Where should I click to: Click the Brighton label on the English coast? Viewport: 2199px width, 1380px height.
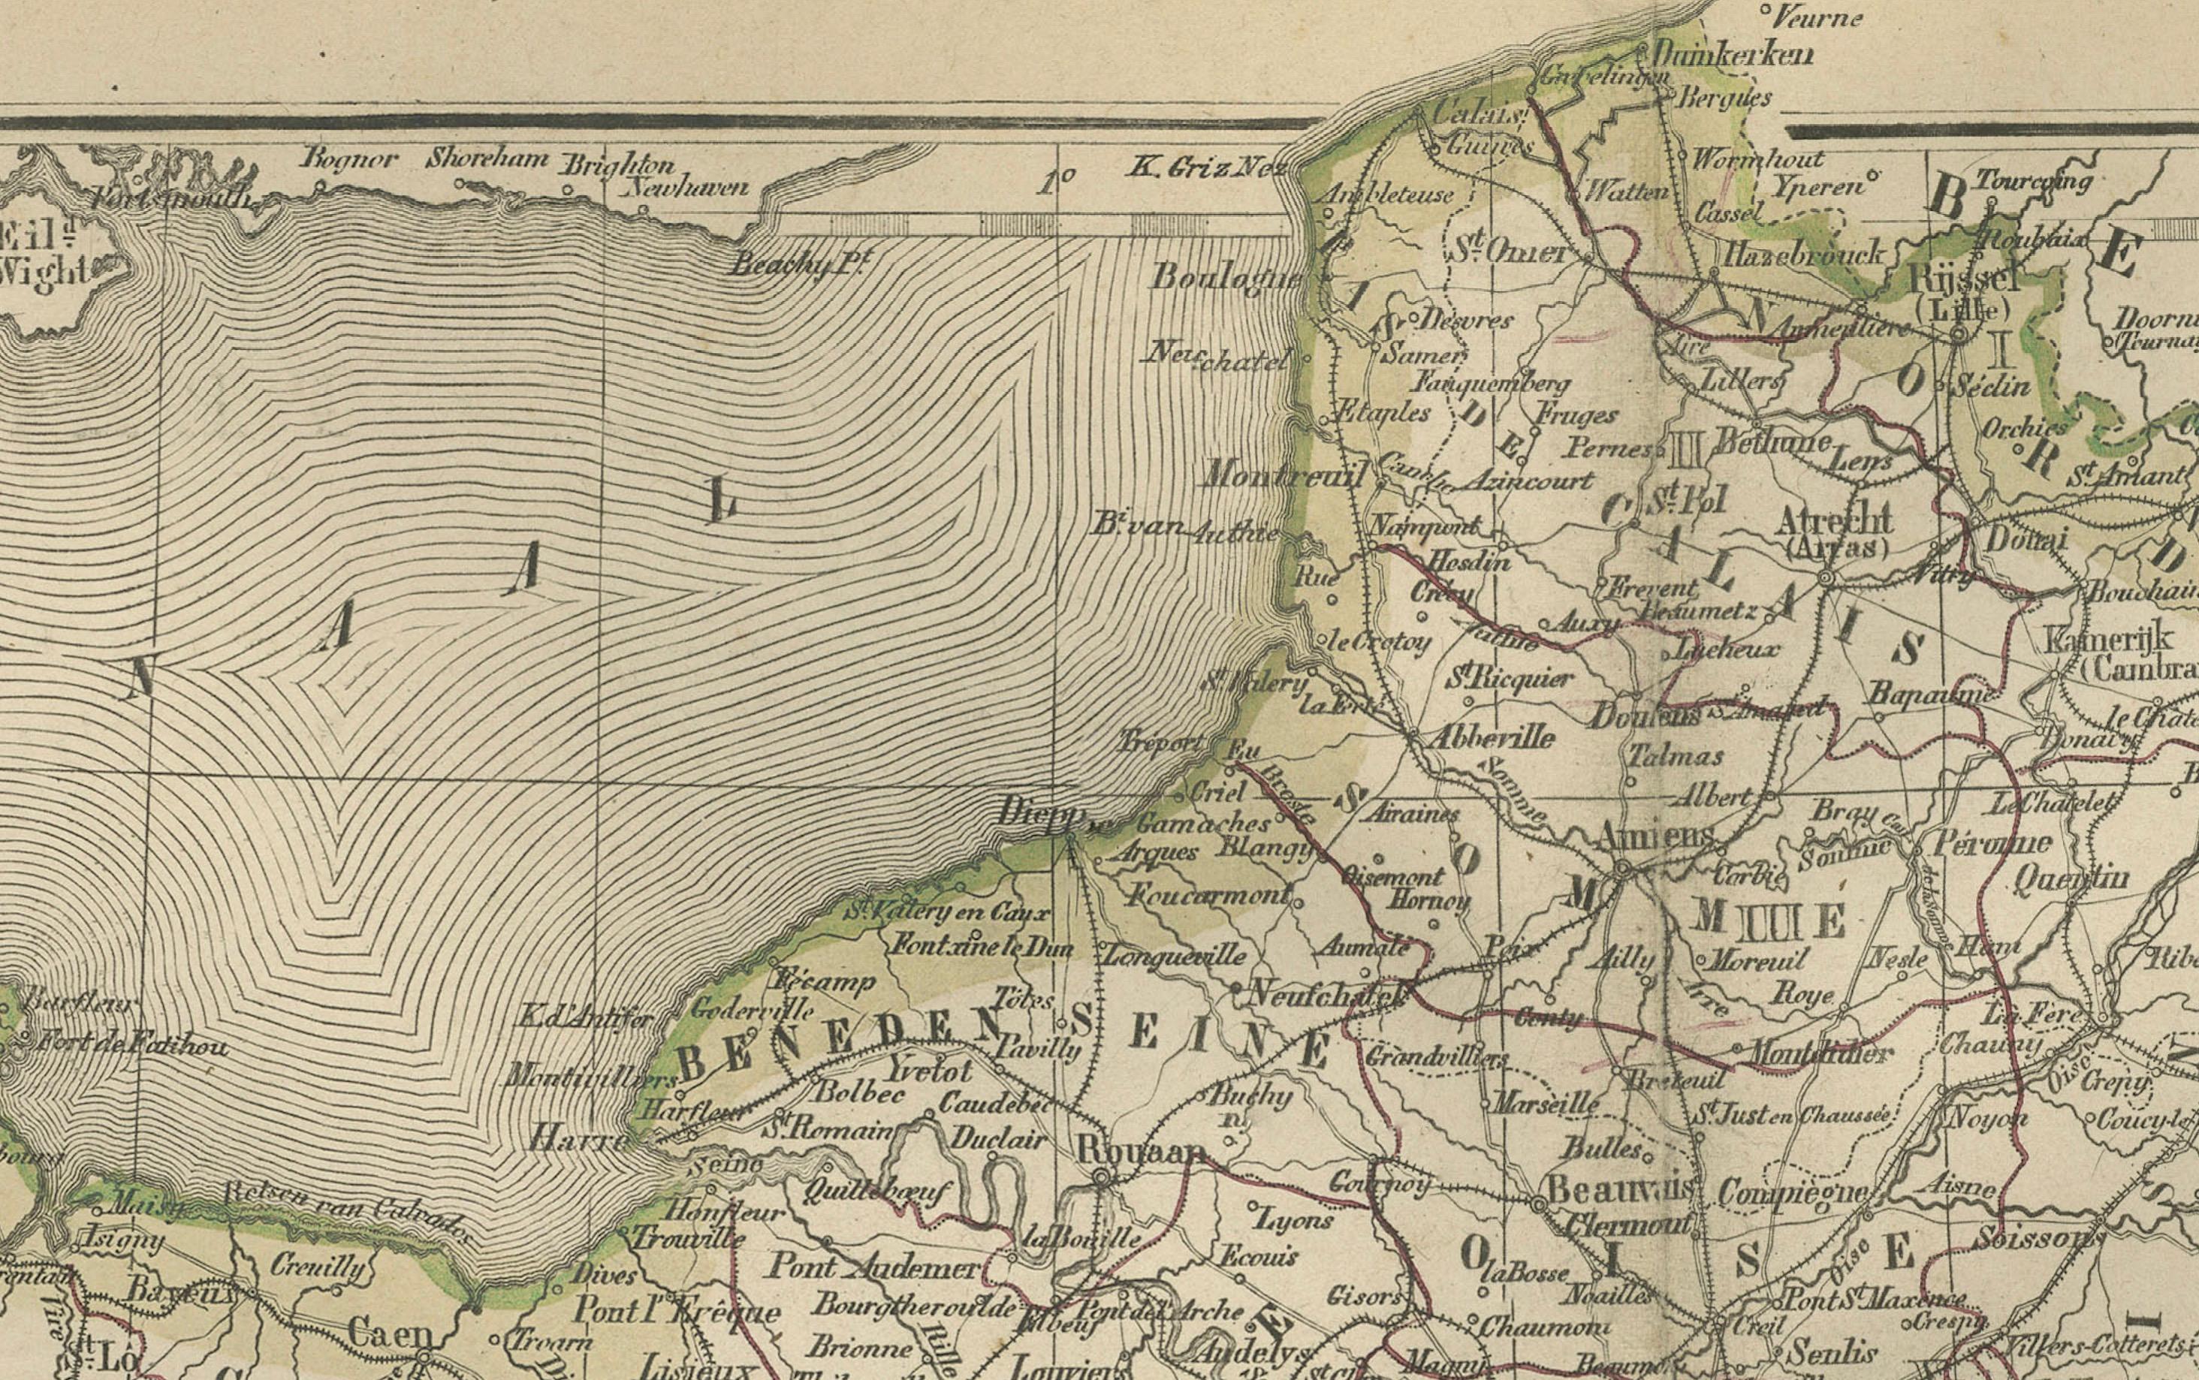coord(618,165)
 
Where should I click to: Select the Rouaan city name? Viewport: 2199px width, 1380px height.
coord(1136,1151)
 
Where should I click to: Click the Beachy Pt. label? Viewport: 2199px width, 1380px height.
coord(796,263)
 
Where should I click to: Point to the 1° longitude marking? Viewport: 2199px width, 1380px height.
coord(1055,182)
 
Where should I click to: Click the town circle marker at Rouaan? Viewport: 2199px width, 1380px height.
coord(1102,1178)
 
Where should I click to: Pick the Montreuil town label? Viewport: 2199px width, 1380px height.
coord(1284,475)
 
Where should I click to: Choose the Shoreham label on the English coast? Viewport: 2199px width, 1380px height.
coord(488,158)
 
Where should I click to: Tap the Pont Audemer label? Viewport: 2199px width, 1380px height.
coord(874,1267)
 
